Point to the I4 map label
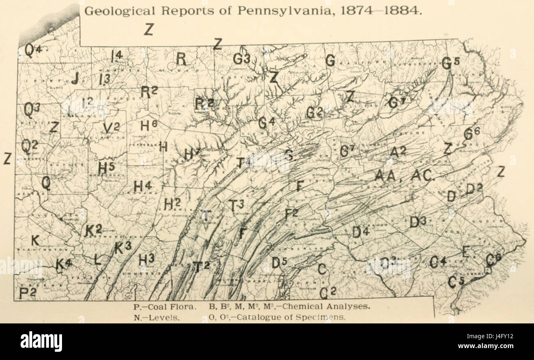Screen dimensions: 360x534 [116, 55]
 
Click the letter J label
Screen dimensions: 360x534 [75, 78]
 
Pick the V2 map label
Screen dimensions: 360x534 [110, 128]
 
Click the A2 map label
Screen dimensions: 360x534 [398, 152]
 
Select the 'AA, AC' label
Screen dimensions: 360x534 [403, 176]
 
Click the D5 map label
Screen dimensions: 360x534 [280, 262]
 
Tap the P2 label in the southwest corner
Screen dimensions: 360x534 [27, 293]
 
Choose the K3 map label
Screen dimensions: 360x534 [122, 247]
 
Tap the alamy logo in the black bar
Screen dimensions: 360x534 [41, 341]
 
